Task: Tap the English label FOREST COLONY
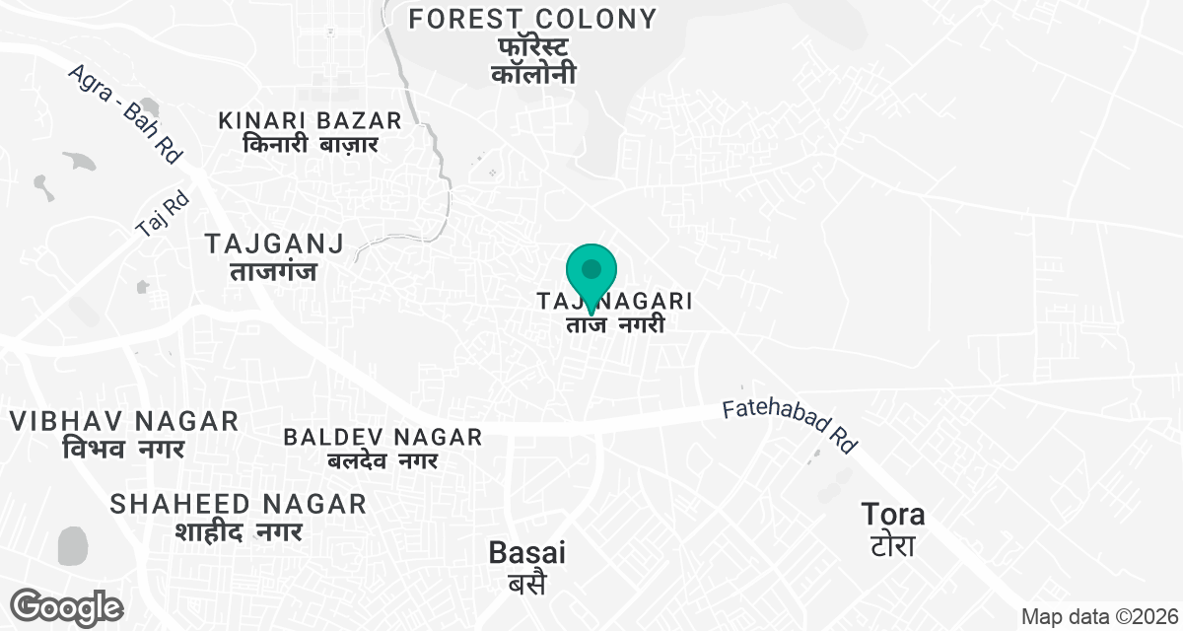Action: (x=533, y=19)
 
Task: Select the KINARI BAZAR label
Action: (x=311, y=120)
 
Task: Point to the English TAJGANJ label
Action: (x=274, y=243)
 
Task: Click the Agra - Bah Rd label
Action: (x=127, y=113)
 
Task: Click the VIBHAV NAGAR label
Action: (x=124, y=421)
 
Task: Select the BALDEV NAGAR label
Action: (x=383, y=436)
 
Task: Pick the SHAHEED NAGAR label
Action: (x=239, y=504)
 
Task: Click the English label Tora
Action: (x=893, y=514)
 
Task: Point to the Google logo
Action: (x=68, y=605)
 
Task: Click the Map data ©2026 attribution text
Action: (x=1097, y=617)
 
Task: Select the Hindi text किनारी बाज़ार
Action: (x=311, y=144)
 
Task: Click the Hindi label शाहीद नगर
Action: (x=239, y=530)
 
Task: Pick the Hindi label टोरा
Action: (x=891, y=544)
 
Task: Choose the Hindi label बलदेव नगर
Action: (x=383, y=459)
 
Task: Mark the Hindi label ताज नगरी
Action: (x=615, y=324)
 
